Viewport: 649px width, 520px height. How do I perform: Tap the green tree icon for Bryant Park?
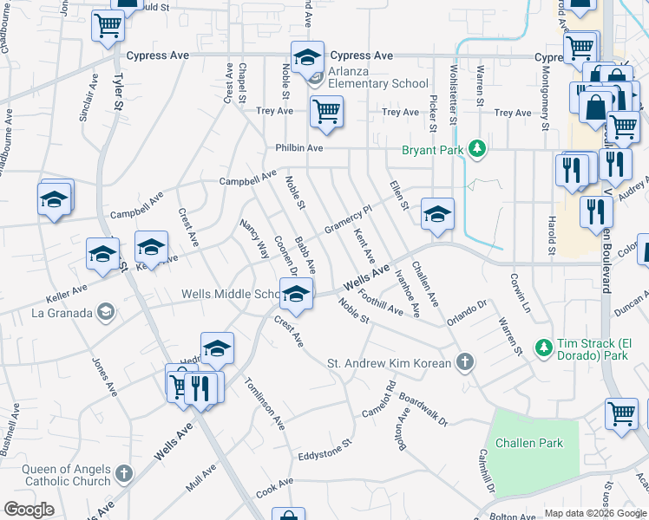(x=476, y=150)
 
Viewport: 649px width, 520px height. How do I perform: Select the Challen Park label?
(x=528, y=443)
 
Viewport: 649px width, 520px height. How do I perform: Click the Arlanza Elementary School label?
(x=377, y=83)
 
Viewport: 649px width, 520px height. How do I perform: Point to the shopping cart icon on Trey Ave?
(x=326, y=112)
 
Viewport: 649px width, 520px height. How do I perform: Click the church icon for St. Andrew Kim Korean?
(x=465, y=362)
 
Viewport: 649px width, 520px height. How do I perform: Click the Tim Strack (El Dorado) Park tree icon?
(x=543, y=347)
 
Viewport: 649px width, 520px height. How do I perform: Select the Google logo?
(x=29, y=510)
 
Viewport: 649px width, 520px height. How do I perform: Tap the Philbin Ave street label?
(x=299, y=148)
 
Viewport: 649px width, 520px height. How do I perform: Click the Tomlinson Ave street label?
(x=265, y=404)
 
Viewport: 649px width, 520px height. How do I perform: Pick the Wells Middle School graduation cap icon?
(x=296, y=295)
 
